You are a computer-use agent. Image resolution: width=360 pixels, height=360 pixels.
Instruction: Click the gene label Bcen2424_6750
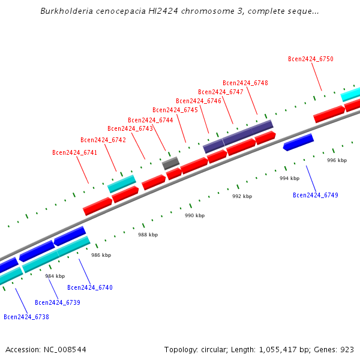pos(310,59)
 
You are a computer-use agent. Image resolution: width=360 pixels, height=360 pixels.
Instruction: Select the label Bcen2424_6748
pos(245,83)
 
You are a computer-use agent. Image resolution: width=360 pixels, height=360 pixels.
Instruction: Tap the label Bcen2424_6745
pos(175,110)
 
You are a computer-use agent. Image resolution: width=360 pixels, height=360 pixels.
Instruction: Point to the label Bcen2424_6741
pos(74,152)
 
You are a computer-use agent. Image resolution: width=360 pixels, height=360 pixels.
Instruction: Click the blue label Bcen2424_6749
pos(315,195)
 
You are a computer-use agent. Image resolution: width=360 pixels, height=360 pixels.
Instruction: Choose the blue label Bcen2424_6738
pos(26,317)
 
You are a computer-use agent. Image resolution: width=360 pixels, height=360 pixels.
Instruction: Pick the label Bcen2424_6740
pos(89,287)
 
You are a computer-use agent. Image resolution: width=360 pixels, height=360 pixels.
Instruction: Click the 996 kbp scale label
pos(337,160)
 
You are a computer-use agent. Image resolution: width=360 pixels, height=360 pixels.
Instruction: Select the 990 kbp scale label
pos(194,215)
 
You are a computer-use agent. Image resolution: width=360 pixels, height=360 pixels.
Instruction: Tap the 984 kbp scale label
pos(55,276)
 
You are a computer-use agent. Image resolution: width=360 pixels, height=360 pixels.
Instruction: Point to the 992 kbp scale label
pos(242,196)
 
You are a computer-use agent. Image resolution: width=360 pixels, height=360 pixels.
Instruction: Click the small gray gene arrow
pos(170,163)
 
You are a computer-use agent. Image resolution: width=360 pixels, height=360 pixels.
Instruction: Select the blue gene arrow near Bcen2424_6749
pos(298,142)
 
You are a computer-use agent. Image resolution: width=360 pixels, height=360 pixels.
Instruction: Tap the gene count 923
pos(347,349)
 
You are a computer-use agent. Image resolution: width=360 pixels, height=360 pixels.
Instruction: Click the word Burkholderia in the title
pos(68,11)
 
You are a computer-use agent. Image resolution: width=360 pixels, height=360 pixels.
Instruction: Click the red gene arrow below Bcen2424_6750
pos(329,113)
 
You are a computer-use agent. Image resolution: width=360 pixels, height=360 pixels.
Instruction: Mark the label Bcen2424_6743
pos(130,128)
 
